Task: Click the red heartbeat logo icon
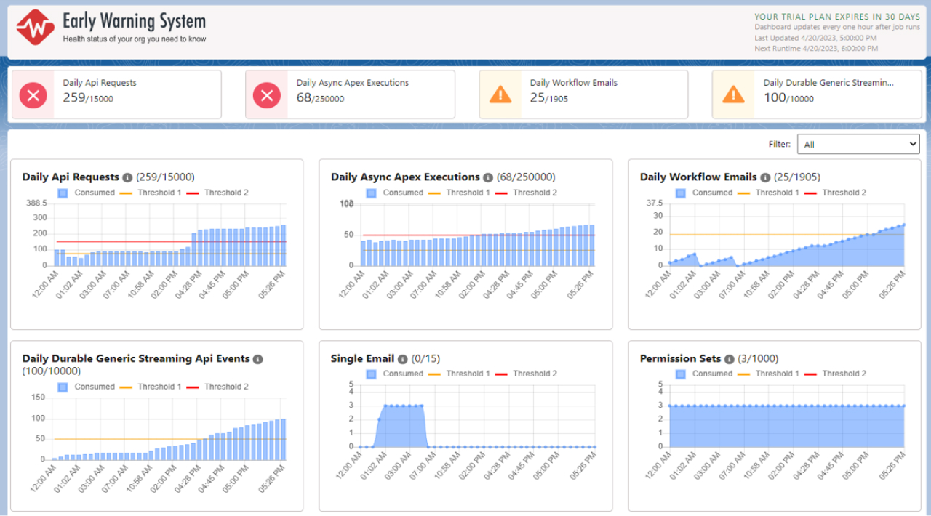click(36, 28)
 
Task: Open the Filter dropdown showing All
click(858, 145)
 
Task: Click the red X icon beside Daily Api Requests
click(33, 94)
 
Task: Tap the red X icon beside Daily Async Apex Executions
click(267, 94)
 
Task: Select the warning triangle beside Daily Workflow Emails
click(500, 94)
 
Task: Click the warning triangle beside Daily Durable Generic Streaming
click(733, 94)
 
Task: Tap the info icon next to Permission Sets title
click(729, 359)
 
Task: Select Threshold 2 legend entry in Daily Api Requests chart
click(217, 193)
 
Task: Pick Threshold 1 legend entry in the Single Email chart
click(460, 374)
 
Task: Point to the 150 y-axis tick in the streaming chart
click(39, 398)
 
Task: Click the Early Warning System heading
click(134, 22)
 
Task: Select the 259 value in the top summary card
click(73, 97)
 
